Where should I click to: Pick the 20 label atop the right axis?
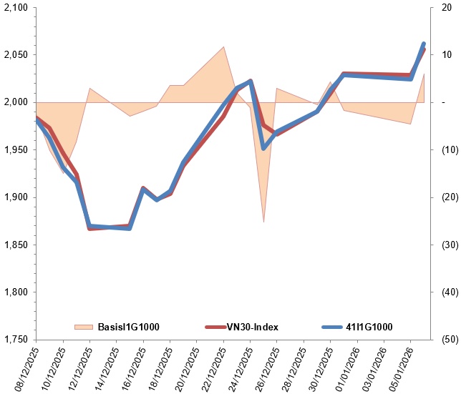[445, 7]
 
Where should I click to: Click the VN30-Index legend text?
[253, 327]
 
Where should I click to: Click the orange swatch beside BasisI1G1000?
[84, 327]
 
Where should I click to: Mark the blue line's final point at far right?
[423, 44]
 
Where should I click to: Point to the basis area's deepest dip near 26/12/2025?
[263, 222]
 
